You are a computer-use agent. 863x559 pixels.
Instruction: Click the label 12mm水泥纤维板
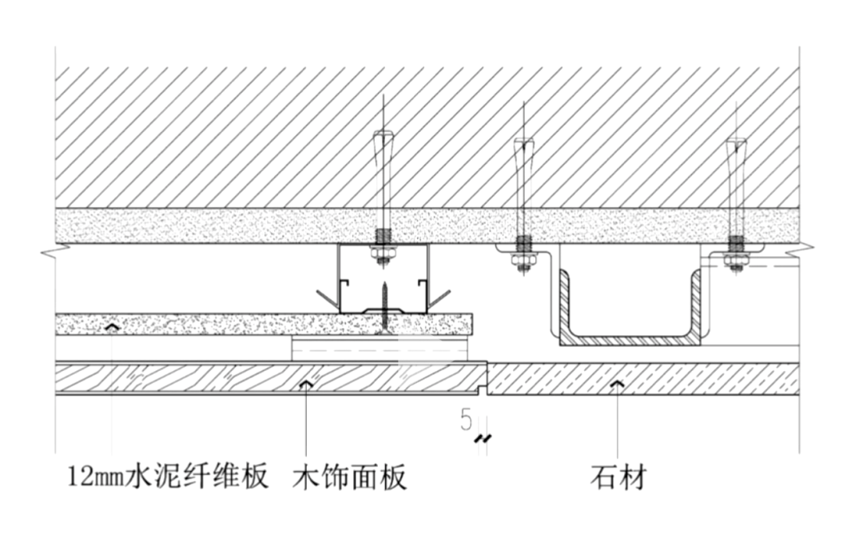[x=167, y=477]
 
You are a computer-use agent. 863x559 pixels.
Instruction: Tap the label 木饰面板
[x=350, y=477]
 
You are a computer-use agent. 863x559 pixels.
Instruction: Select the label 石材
[x=618, y=477]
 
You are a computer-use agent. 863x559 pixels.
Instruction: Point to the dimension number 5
[x=466, y=419]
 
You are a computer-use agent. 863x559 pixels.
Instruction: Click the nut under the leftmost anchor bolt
[x=383, y=255]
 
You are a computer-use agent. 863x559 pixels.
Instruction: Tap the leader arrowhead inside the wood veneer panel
[x=304, y=385]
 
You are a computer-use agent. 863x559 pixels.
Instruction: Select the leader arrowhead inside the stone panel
[x=615, y=385]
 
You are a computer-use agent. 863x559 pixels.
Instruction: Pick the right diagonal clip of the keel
[x=440, y=299]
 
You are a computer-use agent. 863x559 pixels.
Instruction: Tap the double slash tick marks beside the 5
[x=482, y=438]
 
